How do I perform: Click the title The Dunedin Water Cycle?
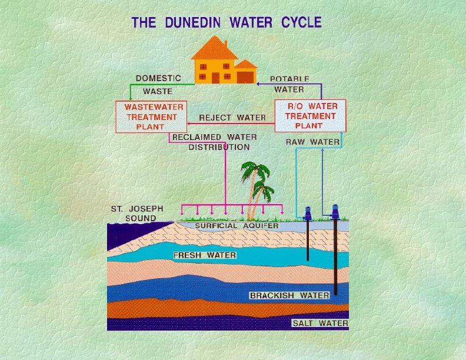[227, 23]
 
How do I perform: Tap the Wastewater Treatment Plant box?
[154, 116]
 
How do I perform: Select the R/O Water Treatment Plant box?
[310, 116]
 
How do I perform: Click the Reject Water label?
[232, 118]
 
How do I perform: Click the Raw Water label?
[312, 142]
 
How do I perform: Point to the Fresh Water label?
[205, 255]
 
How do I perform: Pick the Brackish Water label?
[289, 295]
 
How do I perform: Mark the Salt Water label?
[320, 324]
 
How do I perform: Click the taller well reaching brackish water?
[335, 253]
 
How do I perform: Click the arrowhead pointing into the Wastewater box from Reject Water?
[189, 124]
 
